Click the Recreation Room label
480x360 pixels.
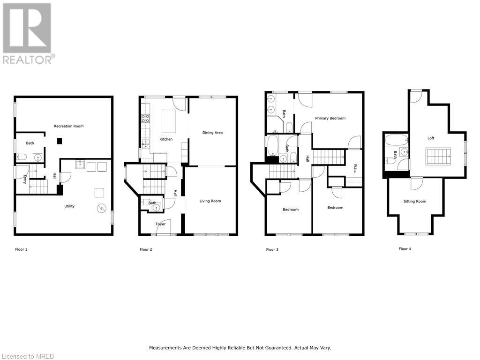(68, 126)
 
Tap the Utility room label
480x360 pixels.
(69, 206)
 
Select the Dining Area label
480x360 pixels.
(212, 133)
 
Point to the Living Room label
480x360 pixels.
(210, 201)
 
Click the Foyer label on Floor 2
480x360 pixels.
(161, 224)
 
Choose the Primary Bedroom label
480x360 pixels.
(330, 118)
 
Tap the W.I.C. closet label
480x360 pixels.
(355, 168)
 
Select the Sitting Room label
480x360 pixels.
(415, 201)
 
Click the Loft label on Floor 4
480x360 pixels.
(431, 138)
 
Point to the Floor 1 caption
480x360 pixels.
(21, 249)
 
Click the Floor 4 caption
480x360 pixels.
(405, 249)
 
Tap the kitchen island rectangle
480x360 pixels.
(169, 121)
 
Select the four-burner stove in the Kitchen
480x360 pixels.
(146, 118)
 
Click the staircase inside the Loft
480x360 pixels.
(438, 155)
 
